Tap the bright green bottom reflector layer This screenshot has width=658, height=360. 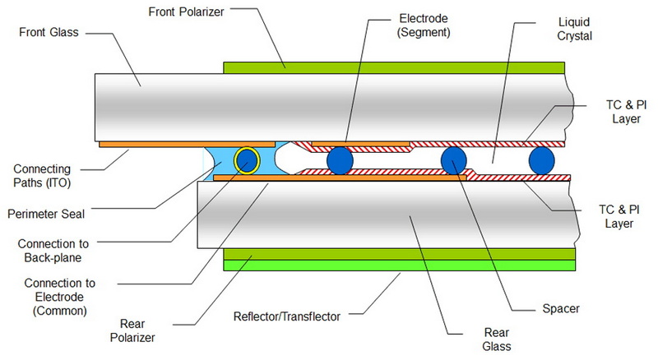pyautogui.click(x=399, y=265)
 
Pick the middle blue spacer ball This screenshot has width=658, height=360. pyautogui.click(x=454, y=159)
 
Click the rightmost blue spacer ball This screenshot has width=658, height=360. pyautogui.click(x=543, y=159)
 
